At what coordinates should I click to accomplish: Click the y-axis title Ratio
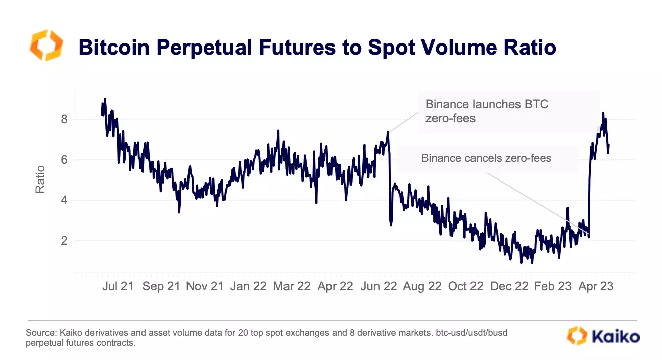[x=40, y=179]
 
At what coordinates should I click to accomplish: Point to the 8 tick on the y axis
[x=64, y=120]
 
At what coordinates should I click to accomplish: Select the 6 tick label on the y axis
[x=64, y=160]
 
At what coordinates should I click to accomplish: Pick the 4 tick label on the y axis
[x=64, y=201]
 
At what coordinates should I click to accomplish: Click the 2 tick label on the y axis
[x=64, y=241]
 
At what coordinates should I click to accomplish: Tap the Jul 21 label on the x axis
[x=118, y=286]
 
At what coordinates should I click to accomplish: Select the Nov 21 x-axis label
[x=205, y=286]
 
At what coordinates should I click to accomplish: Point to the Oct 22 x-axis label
[x=465, y=286]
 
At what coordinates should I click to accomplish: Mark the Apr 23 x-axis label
[x=596, y=286]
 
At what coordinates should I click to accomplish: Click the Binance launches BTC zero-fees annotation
[x=487, y=112]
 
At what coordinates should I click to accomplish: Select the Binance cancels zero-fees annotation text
[x=486, y=158]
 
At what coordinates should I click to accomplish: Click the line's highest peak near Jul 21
[x=105, y=99]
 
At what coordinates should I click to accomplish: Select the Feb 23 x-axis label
[x=553, y=286]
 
